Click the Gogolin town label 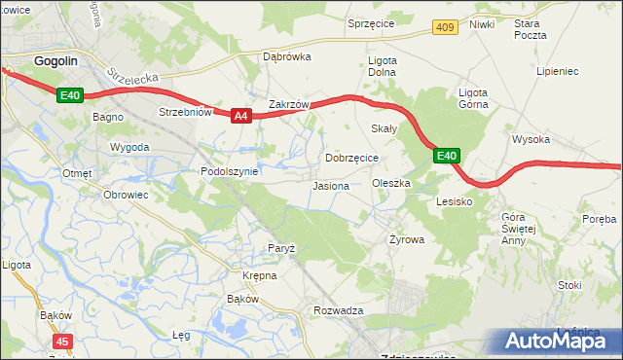55,60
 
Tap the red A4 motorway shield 242,116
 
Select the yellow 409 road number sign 445,27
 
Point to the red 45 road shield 62,342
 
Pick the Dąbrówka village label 286,56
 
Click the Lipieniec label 558,71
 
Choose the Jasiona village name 331,186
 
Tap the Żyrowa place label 404,238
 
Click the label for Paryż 281,248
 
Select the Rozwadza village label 338,310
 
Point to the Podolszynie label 229,171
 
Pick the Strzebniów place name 185,112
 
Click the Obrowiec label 125,194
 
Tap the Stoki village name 569,285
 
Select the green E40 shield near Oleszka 446,156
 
